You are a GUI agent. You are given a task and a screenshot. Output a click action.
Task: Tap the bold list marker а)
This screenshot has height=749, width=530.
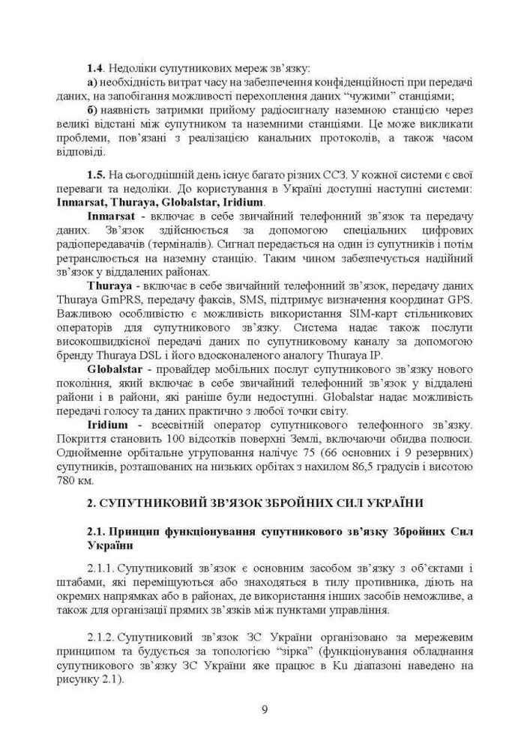click(x=92, y=82)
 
